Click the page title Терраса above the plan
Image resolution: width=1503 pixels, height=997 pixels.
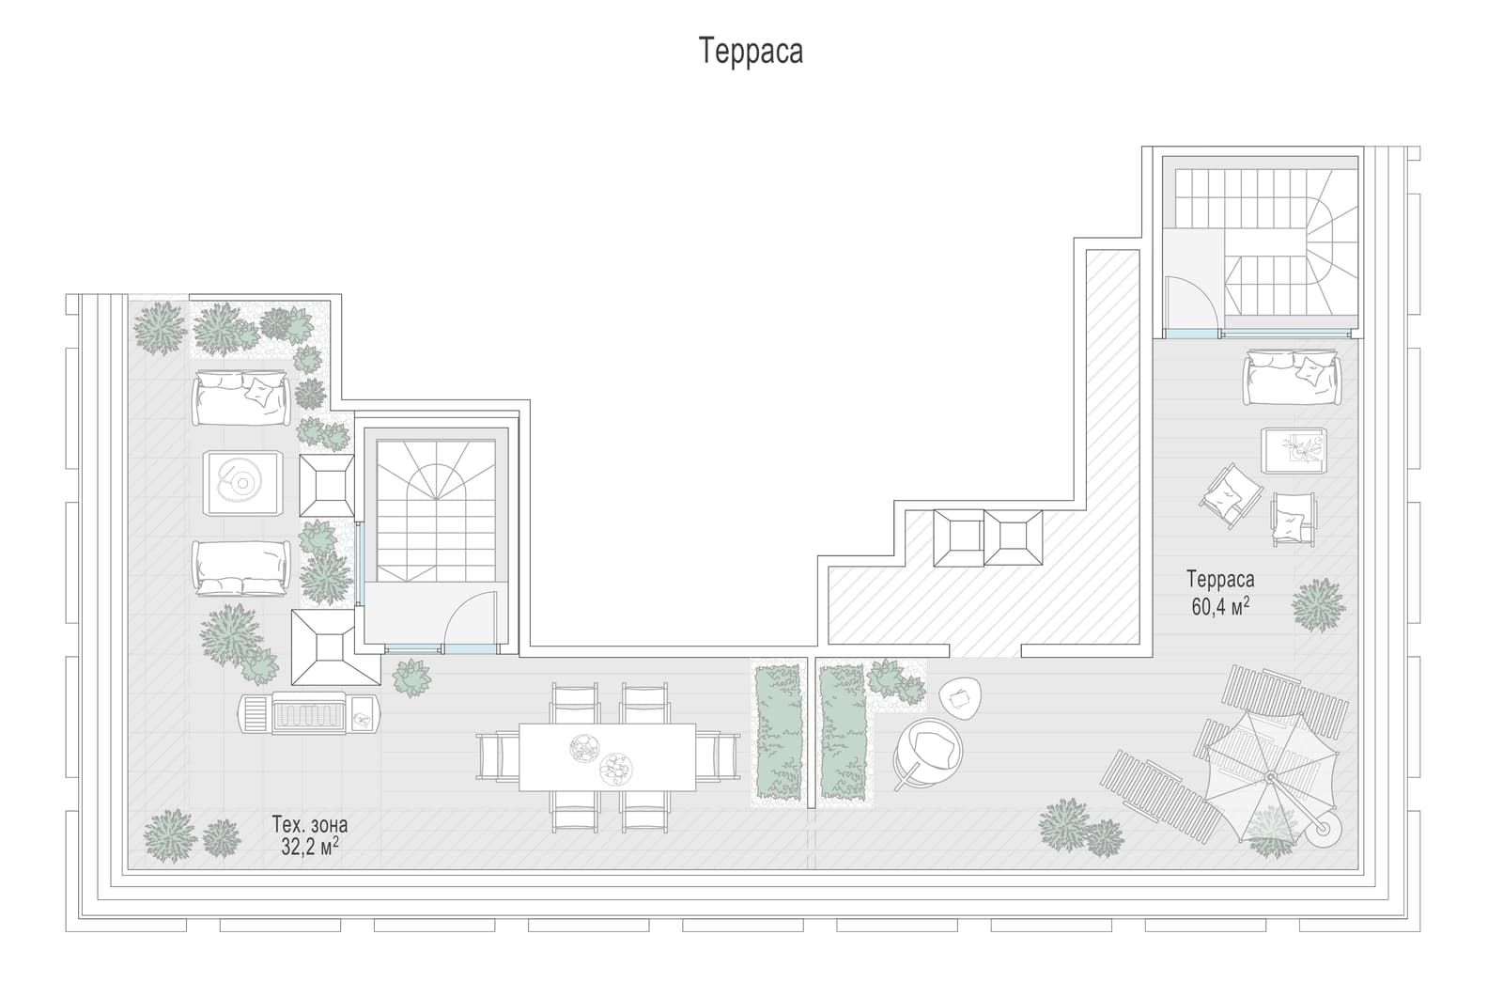click(751, 51)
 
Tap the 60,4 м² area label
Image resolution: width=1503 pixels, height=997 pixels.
click(1220, 607)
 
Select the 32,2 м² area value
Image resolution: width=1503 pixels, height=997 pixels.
click(309, 847)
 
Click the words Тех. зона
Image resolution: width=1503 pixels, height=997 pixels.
click(309, 824)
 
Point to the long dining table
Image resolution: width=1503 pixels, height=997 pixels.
click(607, 756)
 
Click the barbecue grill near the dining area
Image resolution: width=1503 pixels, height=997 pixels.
click(309, 712)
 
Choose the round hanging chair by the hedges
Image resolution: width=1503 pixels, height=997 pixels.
click(929, 753)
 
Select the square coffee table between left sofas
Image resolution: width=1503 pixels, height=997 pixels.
click(242, 483)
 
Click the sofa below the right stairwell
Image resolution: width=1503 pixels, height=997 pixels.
click(1293, 377)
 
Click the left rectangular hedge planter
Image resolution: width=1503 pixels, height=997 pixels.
click(779, 732)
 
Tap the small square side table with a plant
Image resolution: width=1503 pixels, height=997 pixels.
click(1294, 450)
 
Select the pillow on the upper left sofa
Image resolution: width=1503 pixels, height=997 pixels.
click(258, 392)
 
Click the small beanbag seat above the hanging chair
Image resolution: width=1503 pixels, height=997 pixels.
click(960, 698)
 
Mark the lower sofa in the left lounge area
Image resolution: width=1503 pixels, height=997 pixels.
click(241, 568)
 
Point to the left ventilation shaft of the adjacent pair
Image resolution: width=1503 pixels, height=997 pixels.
click(959, 537)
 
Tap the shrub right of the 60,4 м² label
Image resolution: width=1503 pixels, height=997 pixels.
click(1319, 605)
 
